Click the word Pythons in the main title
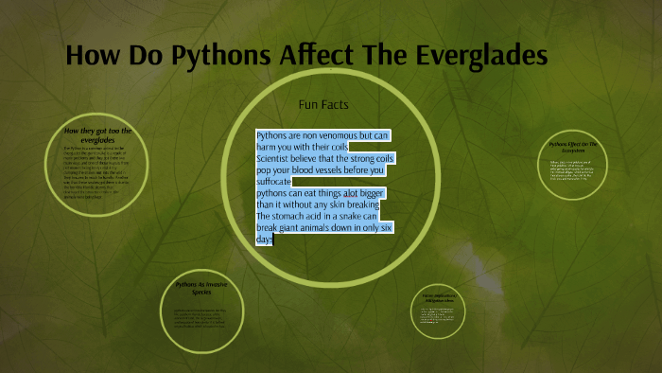coord(220,56)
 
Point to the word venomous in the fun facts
coord(334,136)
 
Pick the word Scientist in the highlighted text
coord(276,159)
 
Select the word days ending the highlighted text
coord(265,240)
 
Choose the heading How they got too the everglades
coord(98,134)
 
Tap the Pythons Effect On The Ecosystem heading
coord(575,149)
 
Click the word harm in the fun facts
coord(269,148)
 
